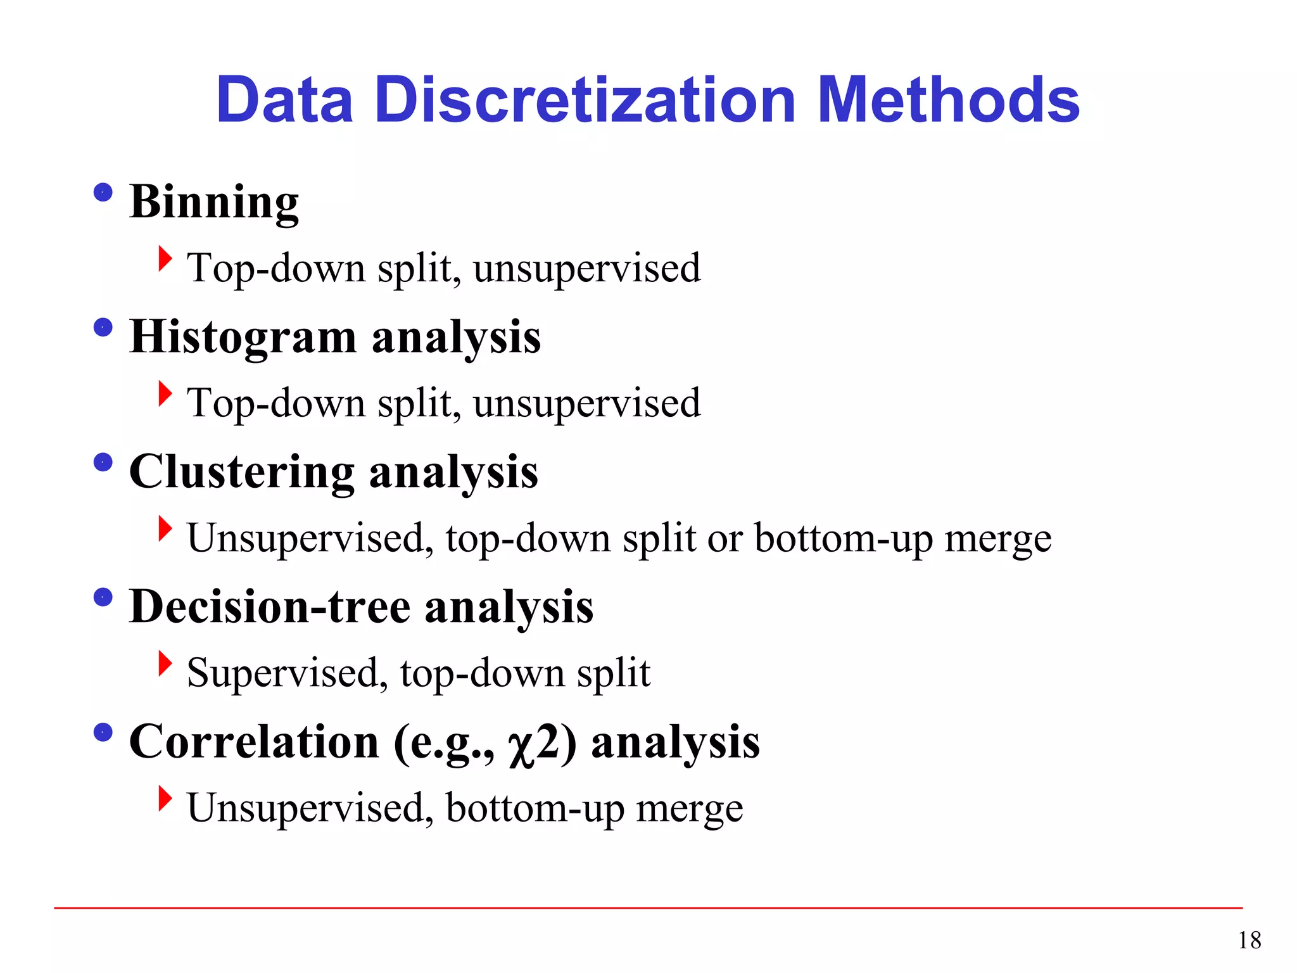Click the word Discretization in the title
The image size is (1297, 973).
585,100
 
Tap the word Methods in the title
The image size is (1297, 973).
948,100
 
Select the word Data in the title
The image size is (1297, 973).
284,100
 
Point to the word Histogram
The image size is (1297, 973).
243,338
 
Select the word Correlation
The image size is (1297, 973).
254,742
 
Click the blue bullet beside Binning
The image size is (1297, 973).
103,192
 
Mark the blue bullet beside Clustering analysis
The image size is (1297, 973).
103,462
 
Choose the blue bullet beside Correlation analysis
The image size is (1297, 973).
103,732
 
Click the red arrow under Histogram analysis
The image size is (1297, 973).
165,393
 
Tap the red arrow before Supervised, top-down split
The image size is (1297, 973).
165,663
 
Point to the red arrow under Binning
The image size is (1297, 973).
165,258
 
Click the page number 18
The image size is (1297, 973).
1250,940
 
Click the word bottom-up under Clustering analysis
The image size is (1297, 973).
844,538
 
